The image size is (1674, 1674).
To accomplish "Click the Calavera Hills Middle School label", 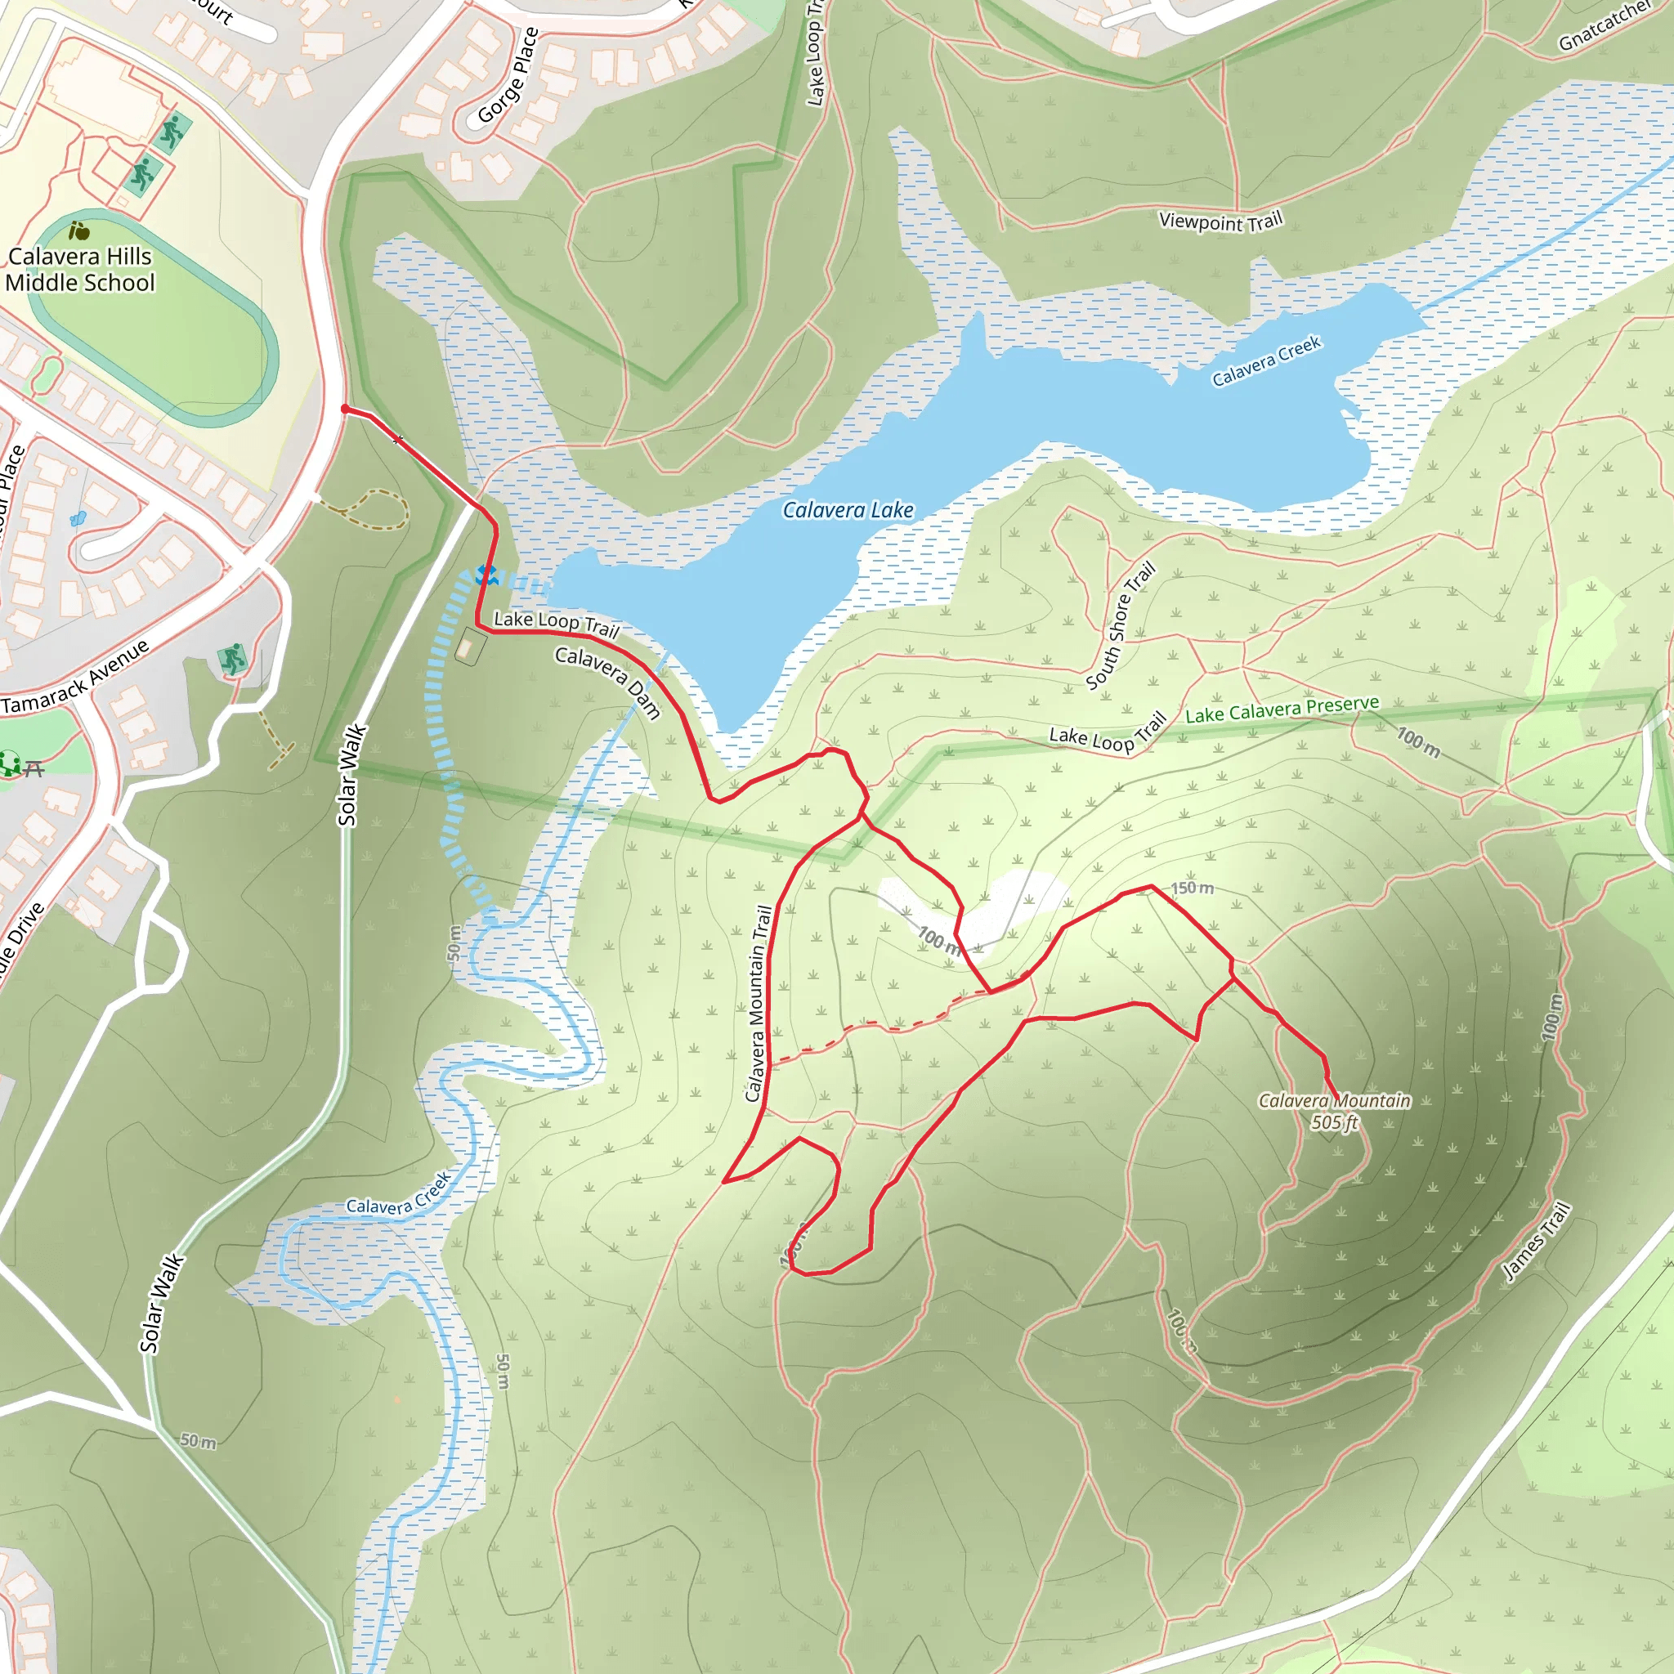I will [80, 270].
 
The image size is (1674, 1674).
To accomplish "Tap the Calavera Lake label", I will [848, 510].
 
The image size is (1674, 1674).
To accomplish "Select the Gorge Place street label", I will [508, 75].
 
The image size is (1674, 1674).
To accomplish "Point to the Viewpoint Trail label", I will [1220, 222].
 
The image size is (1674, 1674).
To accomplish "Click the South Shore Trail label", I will [1121, 625].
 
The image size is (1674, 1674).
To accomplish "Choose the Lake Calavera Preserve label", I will [1282, 709].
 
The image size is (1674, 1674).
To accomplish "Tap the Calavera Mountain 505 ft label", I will [1334, 1112].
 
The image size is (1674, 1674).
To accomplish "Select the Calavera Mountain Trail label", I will [759, 1004].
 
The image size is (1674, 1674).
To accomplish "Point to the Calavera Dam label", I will [608, 683].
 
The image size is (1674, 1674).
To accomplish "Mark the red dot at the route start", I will [345, 409].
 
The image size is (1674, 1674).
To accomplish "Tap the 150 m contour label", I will [1192, 888].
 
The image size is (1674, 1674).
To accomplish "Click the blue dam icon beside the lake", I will [486, 575].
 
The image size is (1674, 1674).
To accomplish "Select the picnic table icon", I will [33, 768].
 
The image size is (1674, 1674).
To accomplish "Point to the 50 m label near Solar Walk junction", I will [199, 1441].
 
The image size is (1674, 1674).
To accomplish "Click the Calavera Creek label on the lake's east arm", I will [1266, 360].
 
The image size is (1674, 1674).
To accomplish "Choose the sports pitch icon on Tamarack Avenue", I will [232, 660].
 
